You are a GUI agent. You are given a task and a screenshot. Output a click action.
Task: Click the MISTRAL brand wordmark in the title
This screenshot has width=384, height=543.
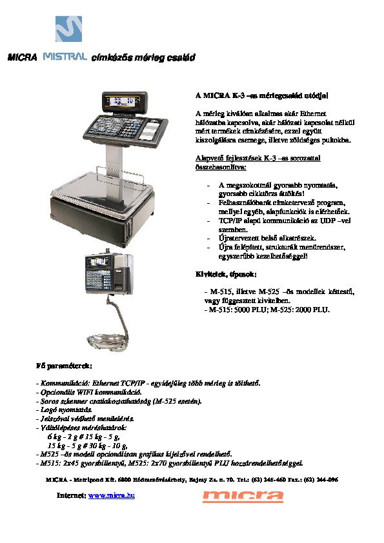(x=65, y=57)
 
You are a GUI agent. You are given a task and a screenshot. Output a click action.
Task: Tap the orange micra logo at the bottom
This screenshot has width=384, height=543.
(x=243, y=495)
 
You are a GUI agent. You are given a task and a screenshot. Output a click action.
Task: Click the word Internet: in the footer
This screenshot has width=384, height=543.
(x=71, y=495)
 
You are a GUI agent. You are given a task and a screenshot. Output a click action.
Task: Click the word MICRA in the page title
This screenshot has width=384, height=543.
(x=20, y=57)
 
